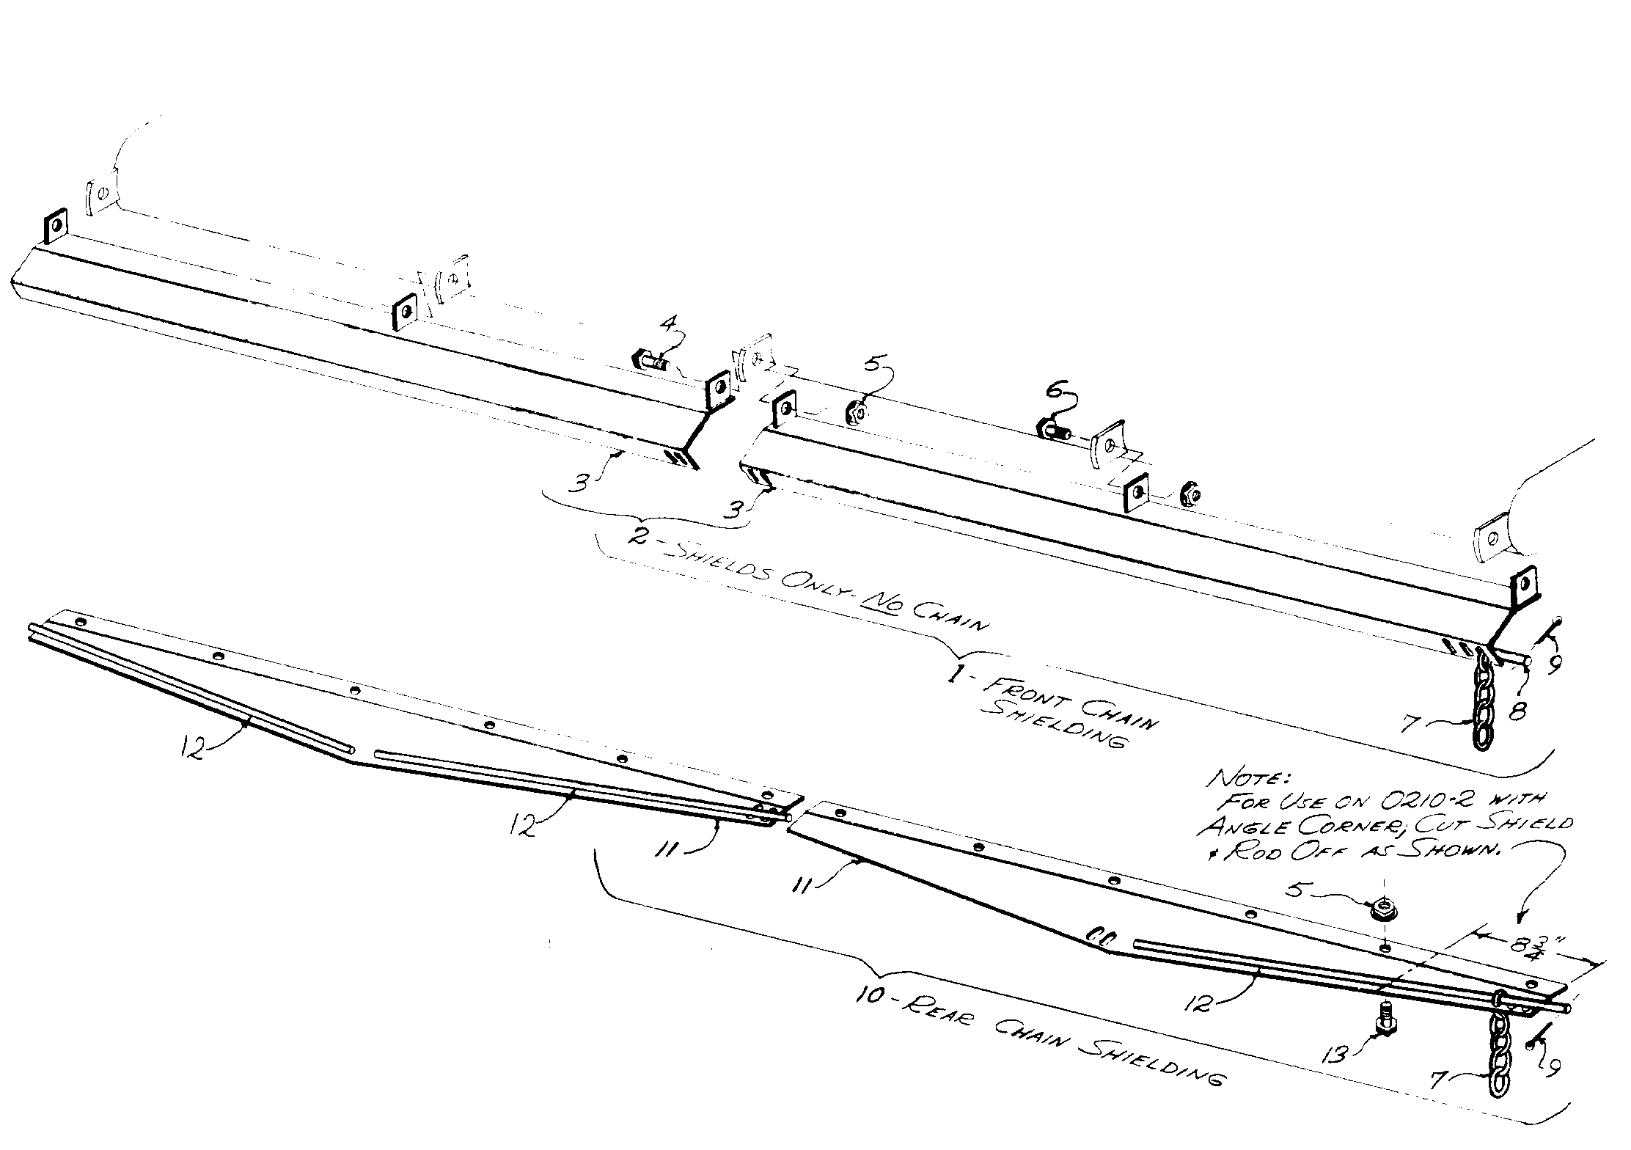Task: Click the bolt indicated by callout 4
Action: [x=649, y=362]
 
